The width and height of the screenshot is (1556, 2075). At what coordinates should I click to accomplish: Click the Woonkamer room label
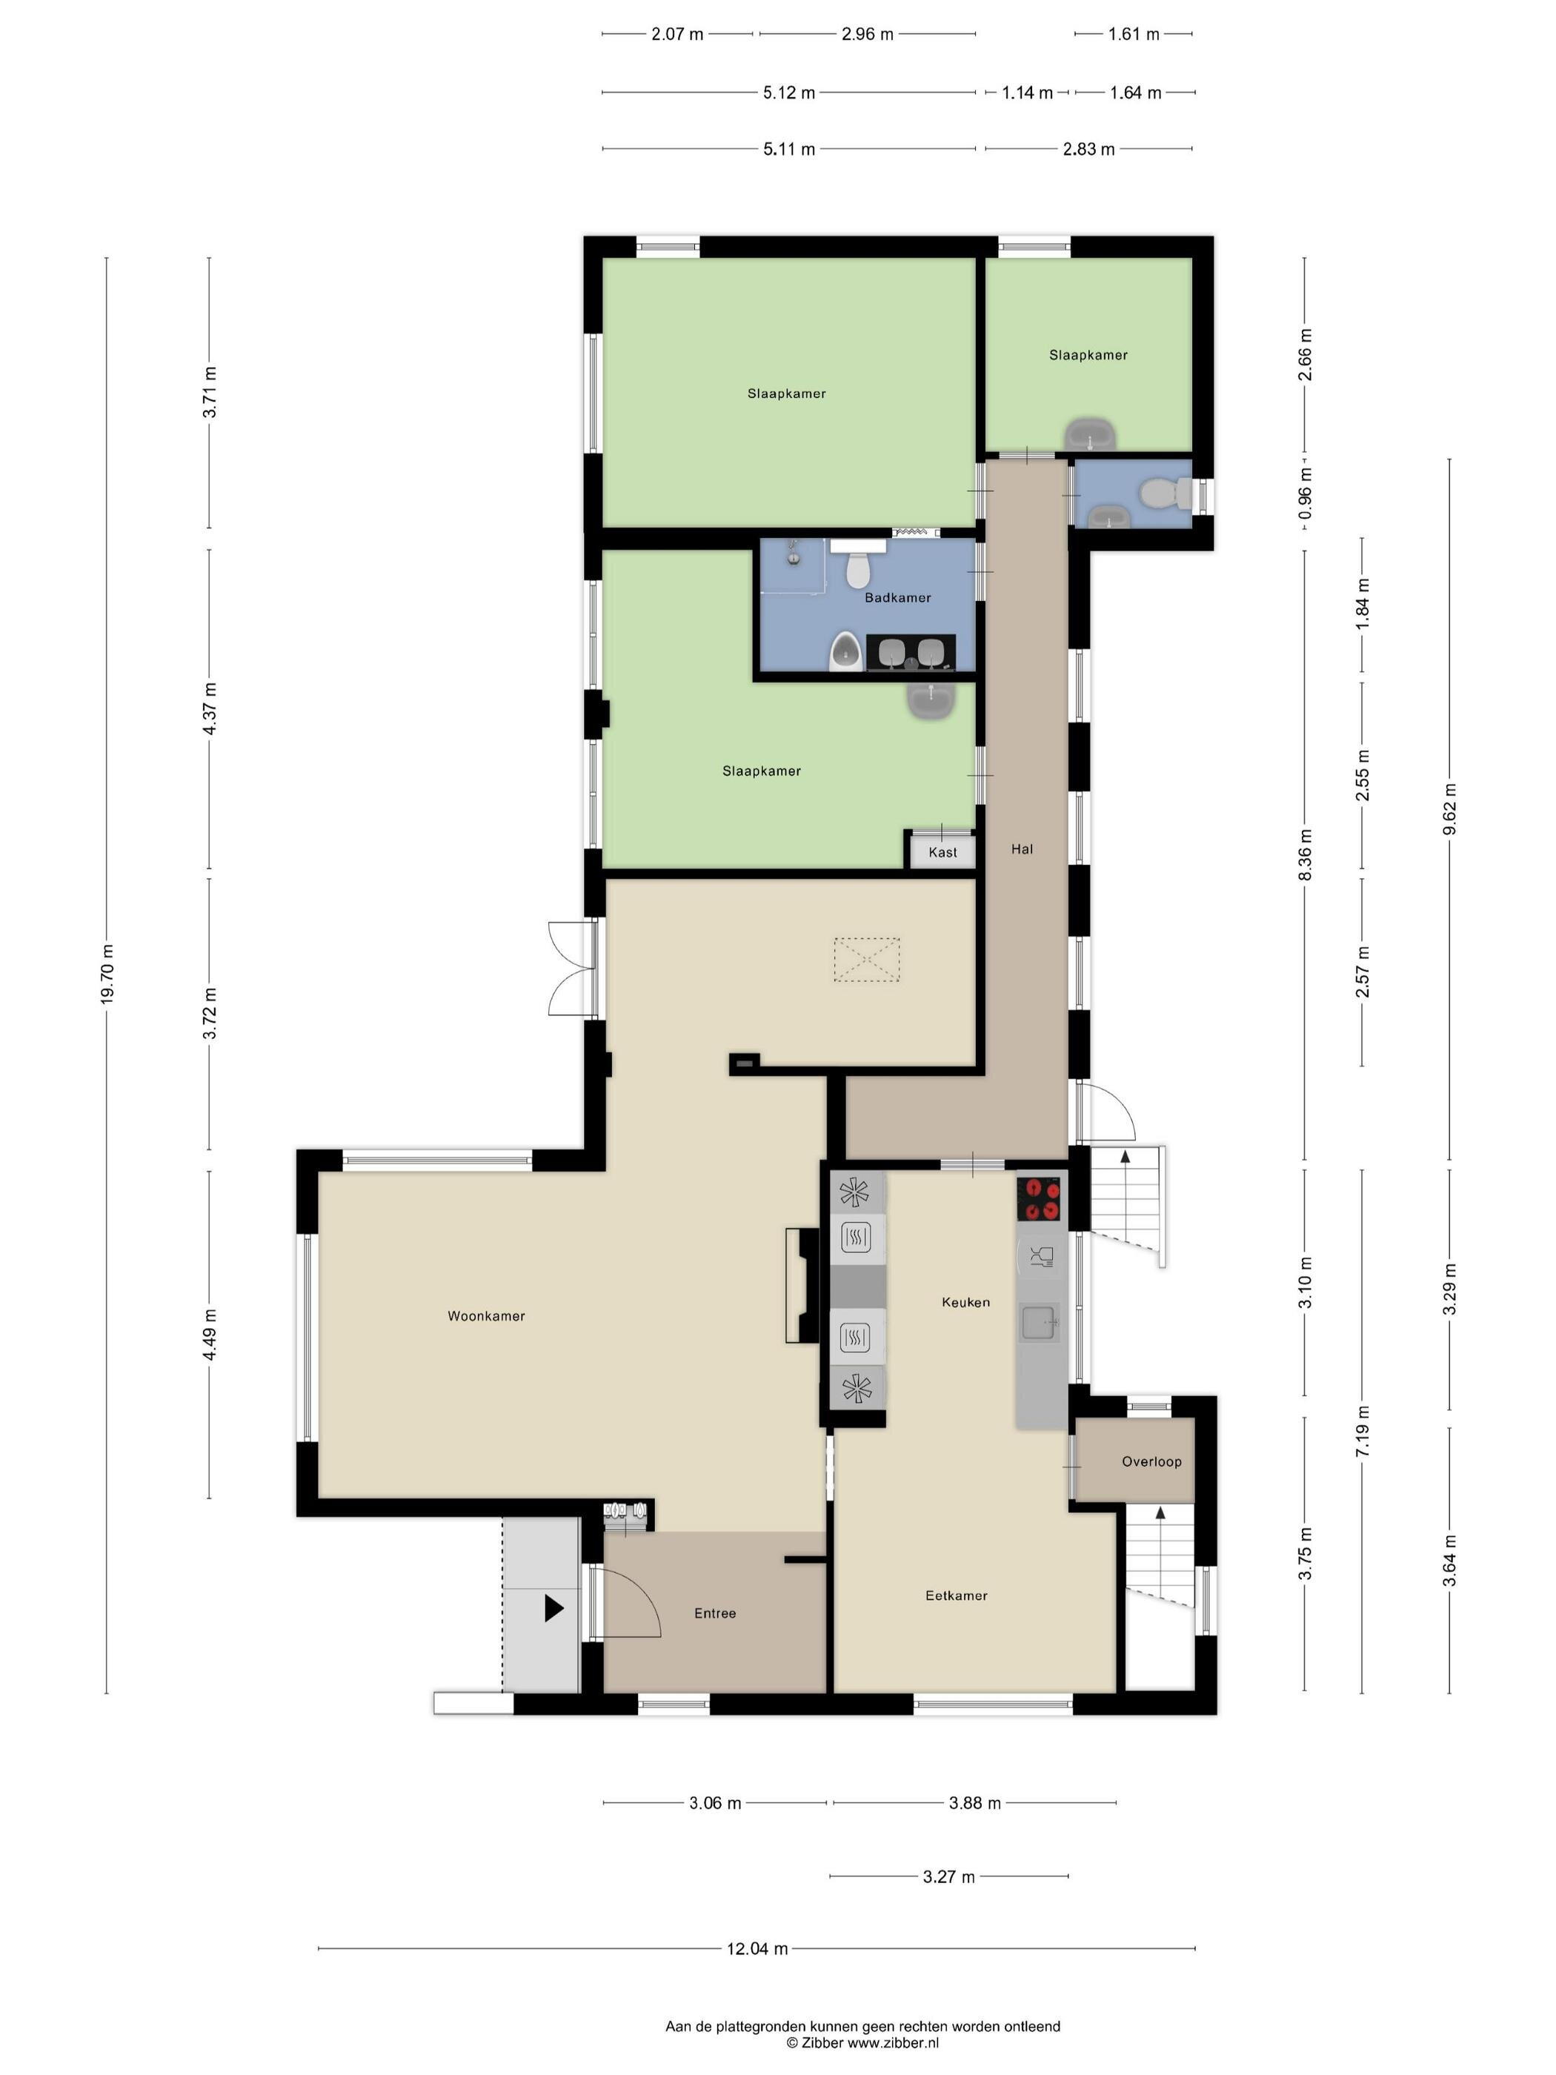(486, 1316)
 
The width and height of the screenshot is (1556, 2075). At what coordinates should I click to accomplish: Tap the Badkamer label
(897, 597)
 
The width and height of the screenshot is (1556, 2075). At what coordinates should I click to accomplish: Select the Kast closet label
(942, 851)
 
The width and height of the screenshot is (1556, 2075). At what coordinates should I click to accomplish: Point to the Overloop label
(1151, 1461)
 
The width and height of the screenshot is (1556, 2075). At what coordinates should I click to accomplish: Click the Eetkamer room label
(956, 1595)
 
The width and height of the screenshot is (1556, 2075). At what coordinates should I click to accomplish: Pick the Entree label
(715, 1613)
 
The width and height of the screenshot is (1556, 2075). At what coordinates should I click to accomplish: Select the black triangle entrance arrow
(553, 1610)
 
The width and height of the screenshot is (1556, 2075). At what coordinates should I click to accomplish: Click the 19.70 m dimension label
(107, 971)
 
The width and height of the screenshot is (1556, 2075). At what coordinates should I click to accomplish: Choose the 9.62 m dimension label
(1449, 808)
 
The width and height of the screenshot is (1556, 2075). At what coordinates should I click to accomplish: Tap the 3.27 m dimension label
(948, 1877)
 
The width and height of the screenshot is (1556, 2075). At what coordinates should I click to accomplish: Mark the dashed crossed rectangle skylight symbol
(867, 960)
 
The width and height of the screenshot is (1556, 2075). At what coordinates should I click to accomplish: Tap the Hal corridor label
(1021, 849)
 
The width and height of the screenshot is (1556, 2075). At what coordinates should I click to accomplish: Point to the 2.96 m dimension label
(867, 35)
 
